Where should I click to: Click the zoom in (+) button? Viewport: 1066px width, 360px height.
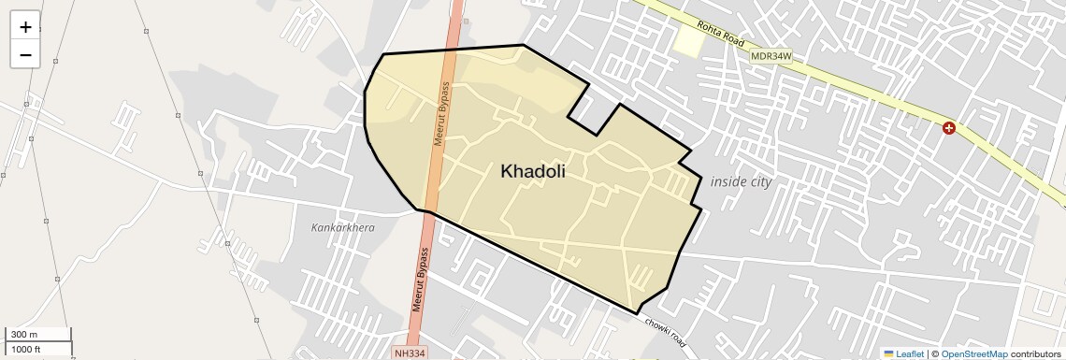point(25,27)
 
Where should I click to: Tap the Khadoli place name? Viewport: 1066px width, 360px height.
point(533,171)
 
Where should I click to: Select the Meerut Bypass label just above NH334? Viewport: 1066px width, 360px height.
point(423,280)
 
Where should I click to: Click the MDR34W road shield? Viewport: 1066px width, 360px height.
point(771,57)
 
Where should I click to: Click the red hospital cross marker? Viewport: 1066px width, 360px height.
point(949,128)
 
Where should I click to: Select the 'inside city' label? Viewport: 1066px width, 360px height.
point(741,181)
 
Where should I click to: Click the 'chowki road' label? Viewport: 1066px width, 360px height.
point(665,331)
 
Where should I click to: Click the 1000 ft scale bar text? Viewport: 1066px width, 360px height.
point(26,349)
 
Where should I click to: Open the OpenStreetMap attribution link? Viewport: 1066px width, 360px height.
point(973,353)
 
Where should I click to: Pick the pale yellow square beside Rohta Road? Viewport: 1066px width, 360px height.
point(688,40)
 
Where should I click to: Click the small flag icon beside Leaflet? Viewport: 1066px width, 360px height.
point(888,353)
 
